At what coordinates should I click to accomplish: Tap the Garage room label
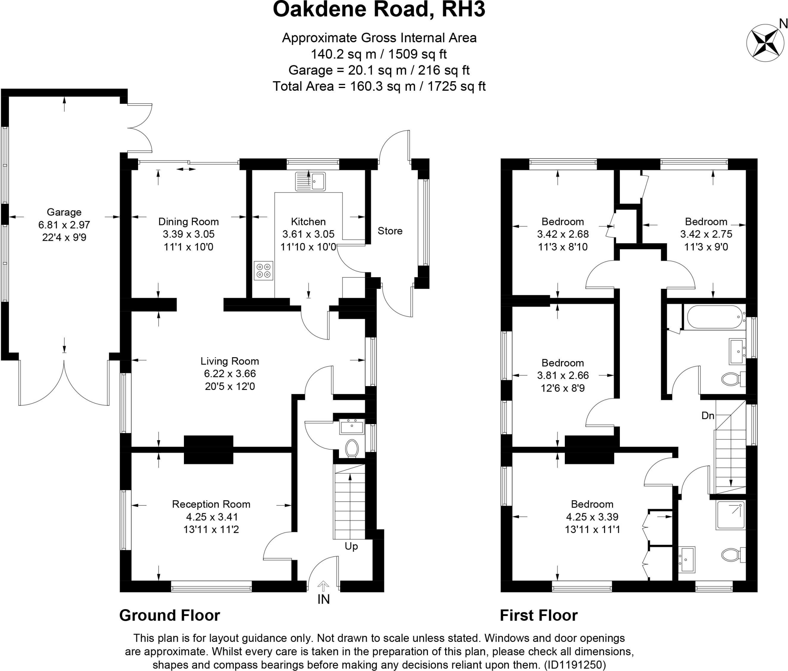tap(64, 212)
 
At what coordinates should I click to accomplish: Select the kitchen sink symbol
tap(310, 181)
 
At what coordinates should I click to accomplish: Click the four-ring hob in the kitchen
tap(263, 271)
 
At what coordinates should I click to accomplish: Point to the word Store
tap(390, 231)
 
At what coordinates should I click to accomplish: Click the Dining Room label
tap(189, 222)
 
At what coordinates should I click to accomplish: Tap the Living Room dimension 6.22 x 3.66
tap(230, 373)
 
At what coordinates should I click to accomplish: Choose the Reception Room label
tap(211, 504)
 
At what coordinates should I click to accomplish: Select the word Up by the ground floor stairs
tap(351, 546)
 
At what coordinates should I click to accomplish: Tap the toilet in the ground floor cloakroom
tap(352, 448)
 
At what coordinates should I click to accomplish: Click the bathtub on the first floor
tap(714, 317)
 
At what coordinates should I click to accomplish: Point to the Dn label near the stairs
tap(708, 415)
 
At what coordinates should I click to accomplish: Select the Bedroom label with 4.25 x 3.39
tap(592, 504)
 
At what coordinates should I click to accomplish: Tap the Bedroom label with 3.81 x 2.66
tap(563, 363)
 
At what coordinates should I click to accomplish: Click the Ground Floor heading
tap(170, 615)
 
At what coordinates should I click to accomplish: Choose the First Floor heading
tap(539, 615)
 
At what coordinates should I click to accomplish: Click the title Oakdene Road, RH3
tap(379, 10)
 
